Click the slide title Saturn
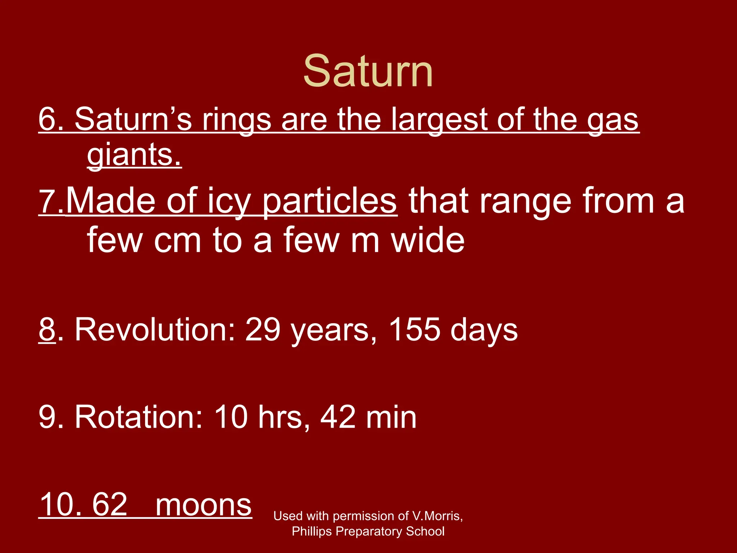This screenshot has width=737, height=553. pos(368,71)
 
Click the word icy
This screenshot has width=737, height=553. pos(228,202)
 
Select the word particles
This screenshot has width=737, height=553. pos(329,202)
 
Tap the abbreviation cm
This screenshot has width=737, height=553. pos(177,240)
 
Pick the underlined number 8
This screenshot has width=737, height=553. pos(47,329)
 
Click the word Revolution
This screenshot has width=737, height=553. pos(155,329)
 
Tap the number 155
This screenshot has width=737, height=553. pos(414,329)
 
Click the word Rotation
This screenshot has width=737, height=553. pos(139,417)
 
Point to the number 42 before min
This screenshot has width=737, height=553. pos(338,417)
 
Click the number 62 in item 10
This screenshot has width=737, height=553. pos(109,505)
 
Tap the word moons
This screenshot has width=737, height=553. pos(203,505)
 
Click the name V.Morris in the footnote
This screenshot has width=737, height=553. pos(437,516)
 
